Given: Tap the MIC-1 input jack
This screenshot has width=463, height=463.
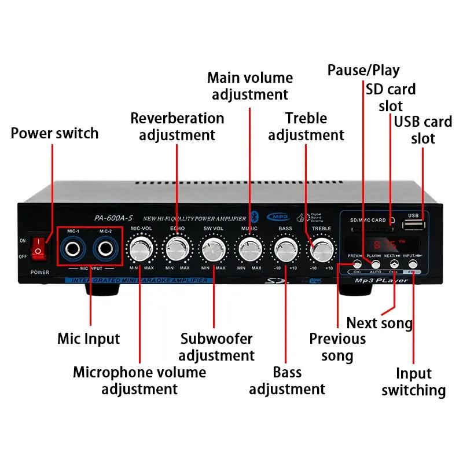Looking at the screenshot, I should pyautogui.click(x=75, y=249).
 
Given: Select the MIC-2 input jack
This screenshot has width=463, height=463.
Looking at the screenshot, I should pyautogui.click(x=105, y=249).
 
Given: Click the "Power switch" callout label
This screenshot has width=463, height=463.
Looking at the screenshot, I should pyautogui.click(x=55, y=133).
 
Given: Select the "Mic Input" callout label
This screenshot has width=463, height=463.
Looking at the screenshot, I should pyautogui.click(x=89, y=339).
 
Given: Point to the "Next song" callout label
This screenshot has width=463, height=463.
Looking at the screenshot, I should pyautogui.click(x=379, y=322).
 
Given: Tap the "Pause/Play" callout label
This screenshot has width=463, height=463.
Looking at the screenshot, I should pyautogui.click(x=363, y=71).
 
